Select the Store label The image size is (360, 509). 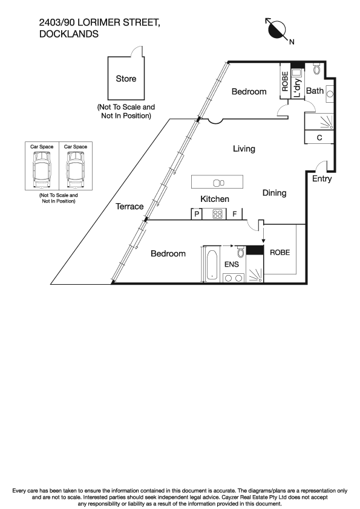(126, 79)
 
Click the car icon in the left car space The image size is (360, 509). (42, 166)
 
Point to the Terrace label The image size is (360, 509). (129, 207)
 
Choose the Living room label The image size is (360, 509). (244, 149)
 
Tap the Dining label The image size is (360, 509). (274, 193)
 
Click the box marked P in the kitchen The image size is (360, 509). (197, 213)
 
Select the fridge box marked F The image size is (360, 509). (235, 213)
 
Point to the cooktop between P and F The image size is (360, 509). (216, 213)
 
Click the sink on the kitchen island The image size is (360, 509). (218, 183)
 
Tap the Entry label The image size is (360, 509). (322, 180)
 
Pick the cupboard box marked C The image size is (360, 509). (319, 138)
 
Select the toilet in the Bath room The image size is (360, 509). (317, 69)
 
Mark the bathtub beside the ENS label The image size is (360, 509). (211, 264)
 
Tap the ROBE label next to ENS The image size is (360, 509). (280, 253)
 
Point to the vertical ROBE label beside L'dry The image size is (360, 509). (285, 82)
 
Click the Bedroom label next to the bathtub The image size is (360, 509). (168, 254)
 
